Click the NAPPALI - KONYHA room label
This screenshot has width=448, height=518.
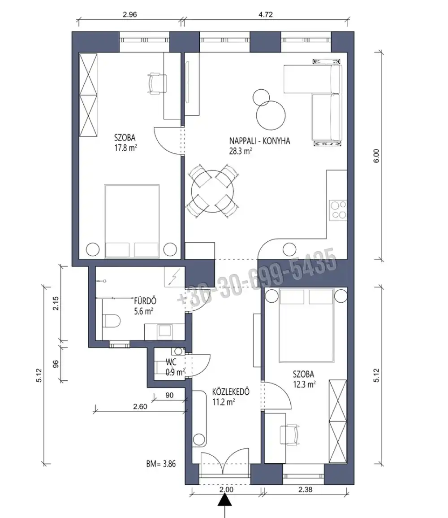tap(260, 141)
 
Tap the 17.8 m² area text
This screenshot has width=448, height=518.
tap(126, 148)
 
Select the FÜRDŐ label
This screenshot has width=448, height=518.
tap(145, 301)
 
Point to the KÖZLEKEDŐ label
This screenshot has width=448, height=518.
tap(231, 392)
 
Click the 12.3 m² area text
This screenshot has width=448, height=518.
tap(304, 384)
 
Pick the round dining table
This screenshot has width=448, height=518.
tap(212, 191)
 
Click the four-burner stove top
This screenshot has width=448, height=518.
tap(338, 210)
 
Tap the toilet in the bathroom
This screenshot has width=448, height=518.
tap(112, 321)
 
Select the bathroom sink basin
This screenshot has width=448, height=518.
tap(164, 331)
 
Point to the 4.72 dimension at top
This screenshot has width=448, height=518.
tap(266, 14)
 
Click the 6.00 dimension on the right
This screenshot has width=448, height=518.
tap(376, 156)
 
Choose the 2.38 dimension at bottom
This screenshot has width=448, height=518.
tap(305, 489)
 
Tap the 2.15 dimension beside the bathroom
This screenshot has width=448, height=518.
tap(55, 304)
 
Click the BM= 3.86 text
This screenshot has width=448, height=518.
tap(161, 464)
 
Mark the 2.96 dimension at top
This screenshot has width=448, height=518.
tap(129, 14)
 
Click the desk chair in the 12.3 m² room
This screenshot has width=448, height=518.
tap(290, 435)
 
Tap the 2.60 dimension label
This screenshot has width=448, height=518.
tap(140, 407)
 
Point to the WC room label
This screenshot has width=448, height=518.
tap(171, 362)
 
